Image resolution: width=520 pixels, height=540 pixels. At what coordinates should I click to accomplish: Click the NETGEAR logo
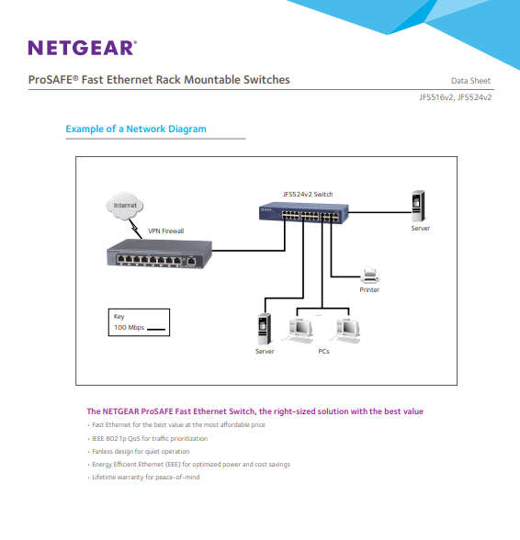coord(82,48)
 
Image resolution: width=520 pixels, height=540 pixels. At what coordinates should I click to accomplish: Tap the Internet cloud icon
coord(125,207)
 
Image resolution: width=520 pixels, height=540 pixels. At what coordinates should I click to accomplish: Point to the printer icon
coord(369,275)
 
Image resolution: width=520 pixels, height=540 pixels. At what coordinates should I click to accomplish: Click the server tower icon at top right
coord(419,205)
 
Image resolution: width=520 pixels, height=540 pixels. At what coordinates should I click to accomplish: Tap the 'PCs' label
coord(323,352)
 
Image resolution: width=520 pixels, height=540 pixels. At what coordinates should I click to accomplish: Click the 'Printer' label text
coord(369,290)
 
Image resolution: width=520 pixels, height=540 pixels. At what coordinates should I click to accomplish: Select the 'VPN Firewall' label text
coord(166,231)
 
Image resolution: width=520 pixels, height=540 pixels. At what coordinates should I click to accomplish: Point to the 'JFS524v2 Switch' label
coord(308,194)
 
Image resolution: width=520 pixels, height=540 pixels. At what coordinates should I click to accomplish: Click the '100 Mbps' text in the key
coord(128,327)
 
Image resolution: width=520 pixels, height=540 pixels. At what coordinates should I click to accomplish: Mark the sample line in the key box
coord(157,328)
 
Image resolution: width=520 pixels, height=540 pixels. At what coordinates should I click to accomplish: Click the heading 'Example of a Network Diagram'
coord(136,129)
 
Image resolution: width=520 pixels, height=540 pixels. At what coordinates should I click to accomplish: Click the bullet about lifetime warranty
coord(145,478)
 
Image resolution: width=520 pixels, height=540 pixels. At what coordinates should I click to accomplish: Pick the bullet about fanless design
coord(141,452)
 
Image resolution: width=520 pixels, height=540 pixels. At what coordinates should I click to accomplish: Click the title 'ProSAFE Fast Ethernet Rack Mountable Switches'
coord(159,80)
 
